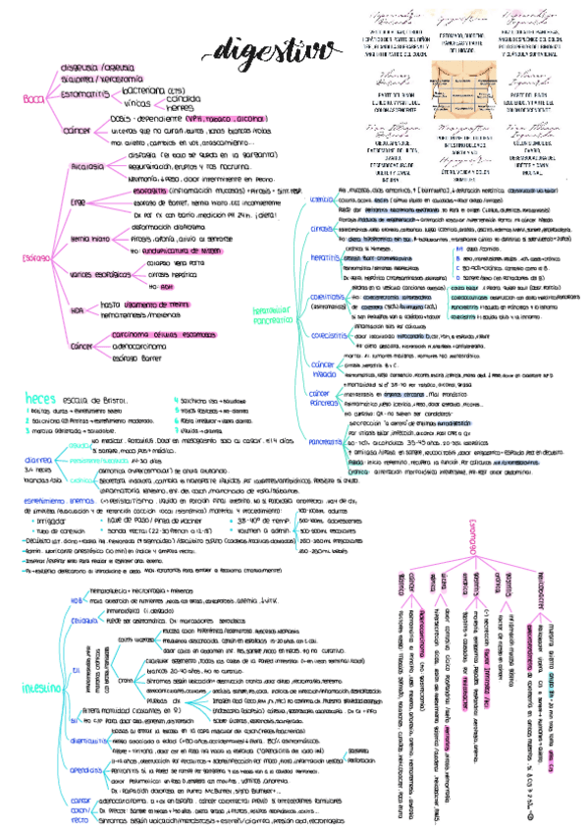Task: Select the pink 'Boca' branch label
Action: click(x=33, y=98)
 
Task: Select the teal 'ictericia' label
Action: click(x=322, y=201)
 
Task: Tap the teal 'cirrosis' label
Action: click(x=323, y=229)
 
